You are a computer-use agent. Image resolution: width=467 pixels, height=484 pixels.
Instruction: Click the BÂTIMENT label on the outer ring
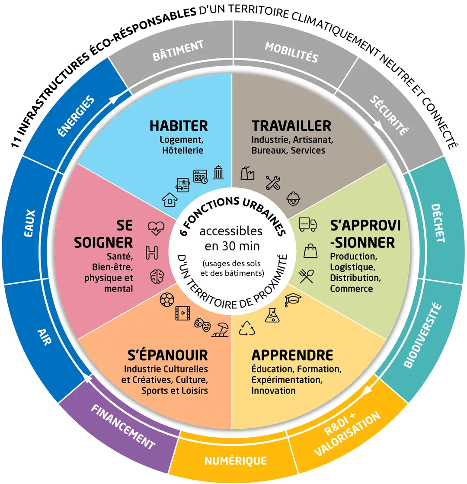click(x=178, y=50)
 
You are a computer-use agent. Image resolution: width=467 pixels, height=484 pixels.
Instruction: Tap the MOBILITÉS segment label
click(x=292, y=52)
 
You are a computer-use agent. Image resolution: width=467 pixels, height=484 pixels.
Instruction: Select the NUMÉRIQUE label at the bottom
click(x=236, y=461)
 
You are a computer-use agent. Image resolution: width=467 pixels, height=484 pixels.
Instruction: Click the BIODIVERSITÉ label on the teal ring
click(x=422, y=335)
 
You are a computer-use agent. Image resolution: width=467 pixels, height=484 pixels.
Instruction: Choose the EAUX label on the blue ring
click(x=30, y=223)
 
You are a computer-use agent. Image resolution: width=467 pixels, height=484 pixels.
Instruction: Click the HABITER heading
click(x=179, y=126)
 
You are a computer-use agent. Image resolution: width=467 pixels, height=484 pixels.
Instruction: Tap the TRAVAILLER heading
click(x=291, y=126)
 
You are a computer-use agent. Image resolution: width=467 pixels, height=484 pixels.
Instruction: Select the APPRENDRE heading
click(x=292, y=355)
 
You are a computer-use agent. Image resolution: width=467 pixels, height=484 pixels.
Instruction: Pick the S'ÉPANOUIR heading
click(x=168, y=355)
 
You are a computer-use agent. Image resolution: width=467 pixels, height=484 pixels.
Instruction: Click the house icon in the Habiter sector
click(x=170, y=199)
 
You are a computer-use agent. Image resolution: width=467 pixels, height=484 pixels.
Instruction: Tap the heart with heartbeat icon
click(x=156, y=228)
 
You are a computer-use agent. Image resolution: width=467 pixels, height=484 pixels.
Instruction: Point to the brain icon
click(x=157, y=276)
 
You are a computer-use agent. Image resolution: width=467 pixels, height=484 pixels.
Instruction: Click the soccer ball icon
click(x=167, y=300)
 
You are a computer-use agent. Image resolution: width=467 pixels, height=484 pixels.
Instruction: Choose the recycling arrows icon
click(x=247, y=328)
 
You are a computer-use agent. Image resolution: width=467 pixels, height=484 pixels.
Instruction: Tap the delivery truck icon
click(x=308, y=224)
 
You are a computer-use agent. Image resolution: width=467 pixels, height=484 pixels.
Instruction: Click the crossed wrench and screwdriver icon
click(x=273, y=183)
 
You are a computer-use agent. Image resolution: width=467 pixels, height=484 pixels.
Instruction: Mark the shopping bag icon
click(x=310, y=250)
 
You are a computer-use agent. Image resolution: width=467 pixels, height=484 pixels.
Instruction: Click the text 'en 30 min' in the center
click(x=232, y=246)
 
